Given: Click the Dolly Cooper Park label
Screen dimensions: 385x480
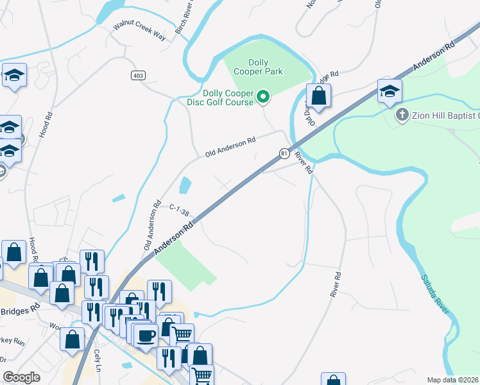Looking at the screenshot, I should [x=258, y=67].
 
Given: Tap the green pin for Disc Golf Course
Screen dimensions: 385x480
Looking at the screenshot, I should [x=262, y=98].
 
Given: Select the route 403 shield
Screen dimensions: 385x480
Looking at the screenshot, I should [x=138, y=76].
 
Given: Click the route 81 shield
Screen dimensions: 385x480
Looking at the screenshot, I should [x=284, y=153].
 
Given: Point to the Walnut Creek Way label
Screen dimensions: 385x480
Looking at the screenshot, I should [x=140, y=30].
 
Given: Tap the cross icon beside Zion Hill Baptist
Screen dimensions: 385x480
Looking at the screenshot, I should [x=402, y=116].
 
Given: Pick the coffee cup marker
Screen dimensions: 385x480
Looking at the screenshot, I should [x=147, y=335].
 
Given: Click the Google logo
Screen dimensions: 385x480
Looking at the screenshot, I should [x=21, y=377].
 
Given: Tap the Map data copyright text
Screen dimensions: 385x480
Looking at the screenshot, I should [x=452, y=380].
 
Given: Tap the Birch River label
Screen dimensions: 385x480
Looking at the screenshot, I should [x=184, y=19].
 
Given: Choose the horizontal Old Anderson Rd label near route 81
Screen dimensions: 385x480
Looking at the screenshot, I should [x=230, y=147].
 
